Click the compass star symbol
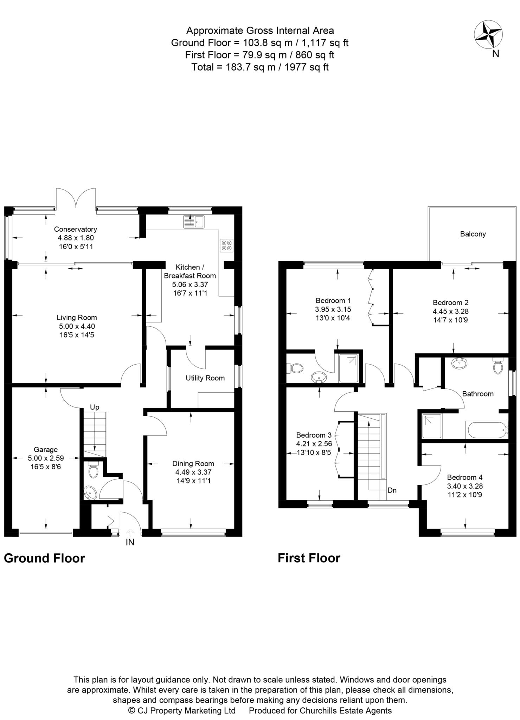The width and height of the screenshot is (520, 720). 488,34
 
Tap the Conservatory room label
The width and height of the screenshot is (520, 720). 75,229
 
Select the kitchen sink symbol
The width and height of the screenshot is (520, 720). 194,221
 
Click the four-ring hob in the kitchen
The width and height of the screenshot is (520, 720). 226,245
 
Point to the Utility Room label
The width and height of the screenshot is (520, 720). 205,378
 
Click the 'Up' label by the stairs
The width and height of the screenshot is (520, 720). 95,407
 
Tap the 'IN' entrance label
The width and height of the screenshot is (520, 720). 130,542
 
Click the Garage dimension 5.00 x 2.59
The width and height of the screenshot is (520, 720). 45,458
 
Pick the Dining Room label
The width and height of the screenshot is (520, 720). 193,463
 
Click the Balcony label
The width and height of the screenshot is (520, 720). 473,234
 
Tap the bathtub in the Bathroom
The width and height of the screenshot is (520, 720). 486,430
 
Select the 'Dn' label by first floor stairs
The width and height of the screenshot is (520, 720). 392,490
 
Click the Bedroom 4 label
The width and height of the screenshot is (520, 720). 464,477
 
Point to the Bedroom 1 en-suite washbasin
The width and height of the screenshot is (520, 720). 319,377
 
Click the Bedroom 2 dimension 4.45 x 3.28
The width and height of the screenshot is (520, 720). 450,311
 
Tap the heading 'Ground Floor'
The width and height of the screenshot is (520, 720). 44,558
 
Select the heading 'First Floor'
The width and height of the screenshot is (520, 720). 309,558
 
